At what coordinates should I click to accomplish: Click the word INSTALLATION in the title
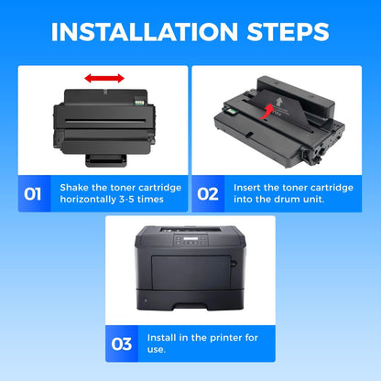click(145, 32)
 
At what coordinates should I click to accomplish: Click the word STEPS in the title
click(288, 32)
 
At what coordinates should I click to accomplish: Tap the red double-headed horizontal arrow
click(104, 78)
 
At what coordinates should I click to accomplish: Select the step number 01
click(32, 194)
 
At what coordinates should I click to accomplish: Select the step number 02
click(208, 194)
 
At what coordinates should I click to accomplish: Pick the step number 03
click(122, 344)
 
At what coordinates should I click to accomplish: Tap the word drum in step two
click(287, 200)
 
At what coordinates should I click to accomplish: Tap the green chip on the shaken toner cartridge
click(139, 101)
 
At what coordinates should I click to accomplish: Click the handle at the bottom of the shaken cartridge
click(106, 160)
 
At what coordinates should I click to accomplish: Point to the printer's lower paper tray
click(190, 299)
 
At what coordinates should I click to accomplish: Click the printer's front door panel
click(191, 273)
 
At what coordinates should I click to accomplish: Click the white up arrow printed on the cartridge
click(278, 102)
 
